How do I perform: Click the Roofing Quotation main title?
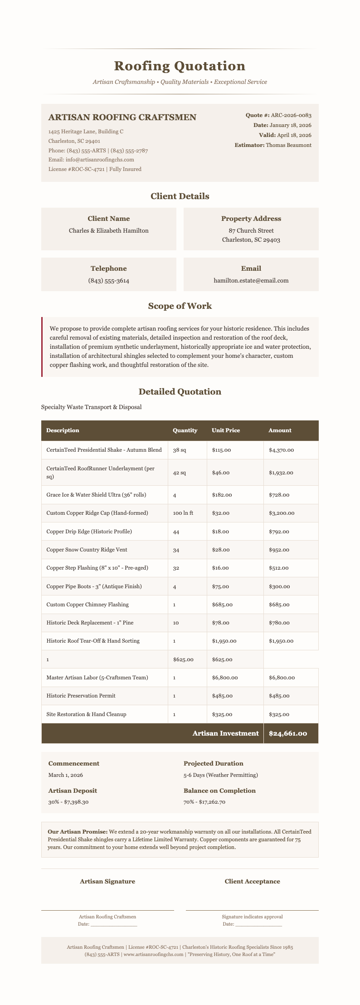(x=180, y=66)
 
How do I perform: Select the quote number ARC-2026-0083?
(x=291, y=116)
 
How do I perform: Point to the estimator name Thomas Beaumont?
(x=288, y=145)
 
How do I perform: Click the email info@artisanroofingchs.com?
(x=91, y=160)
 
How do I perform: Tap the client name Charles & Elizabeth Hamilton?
(x=108, y=230)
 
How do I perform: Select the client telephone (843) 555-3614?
(x=108, y=281)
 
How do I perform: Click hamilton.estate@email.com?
(x=251, y=281)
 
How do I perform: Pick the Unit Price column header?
(x=226, y=430)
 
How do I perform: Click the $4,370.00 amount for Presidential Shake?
(x=281, y=450)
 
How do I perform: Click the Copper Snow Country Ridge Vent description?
(x=87, y=550)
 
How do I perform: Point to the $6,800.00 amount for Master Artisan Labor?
(x=282, y=678)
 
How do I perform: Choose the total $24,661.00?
(x=288, y=733)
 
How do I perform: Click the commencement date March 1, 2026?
(x=66, y=775)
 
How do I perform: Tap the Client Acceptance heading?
(x=252, y=882)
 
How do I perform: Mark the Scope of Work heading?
(x=180, y=306)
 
